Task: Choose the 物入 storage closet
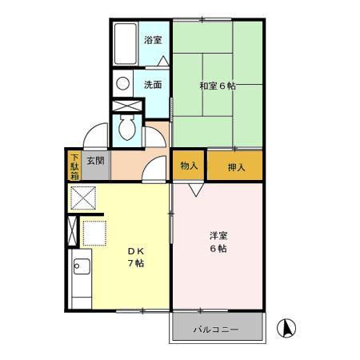(x=189, y=166)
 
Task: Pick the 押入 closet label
(x=234, y=167)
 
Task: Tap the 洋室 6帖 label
(x=218, y=242)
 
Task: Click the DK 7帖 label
(x=134, y=258)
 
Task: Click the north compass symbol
(x=286, y=327)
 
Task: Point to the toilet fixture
(x=126, y=128)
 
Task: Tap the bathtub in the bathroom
(x=125, y=46)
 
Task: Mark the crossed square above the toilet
(x=126, y=106)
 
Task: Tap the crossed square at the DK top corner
(x=82, y=197)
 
